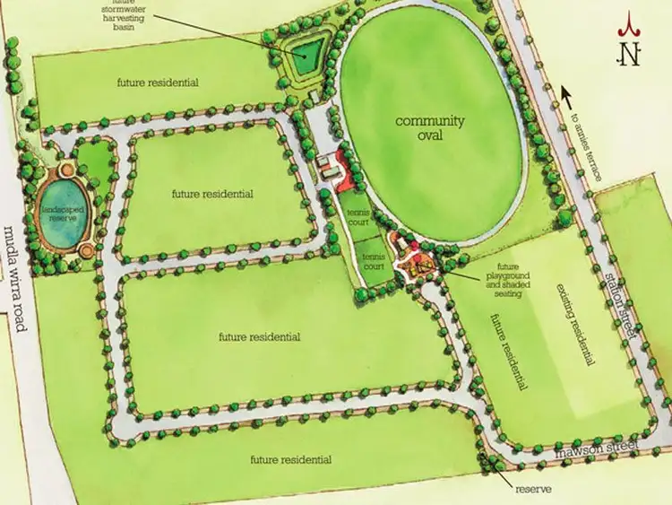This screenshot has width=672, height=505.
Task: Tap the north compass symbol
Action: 631,46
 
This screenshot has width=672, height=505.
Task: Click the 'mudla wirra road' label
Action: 13,277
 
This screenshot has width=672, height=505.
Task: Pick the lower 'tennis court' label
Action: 373,261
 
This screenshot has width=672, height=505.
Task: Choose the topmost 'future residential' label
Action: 157,83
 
